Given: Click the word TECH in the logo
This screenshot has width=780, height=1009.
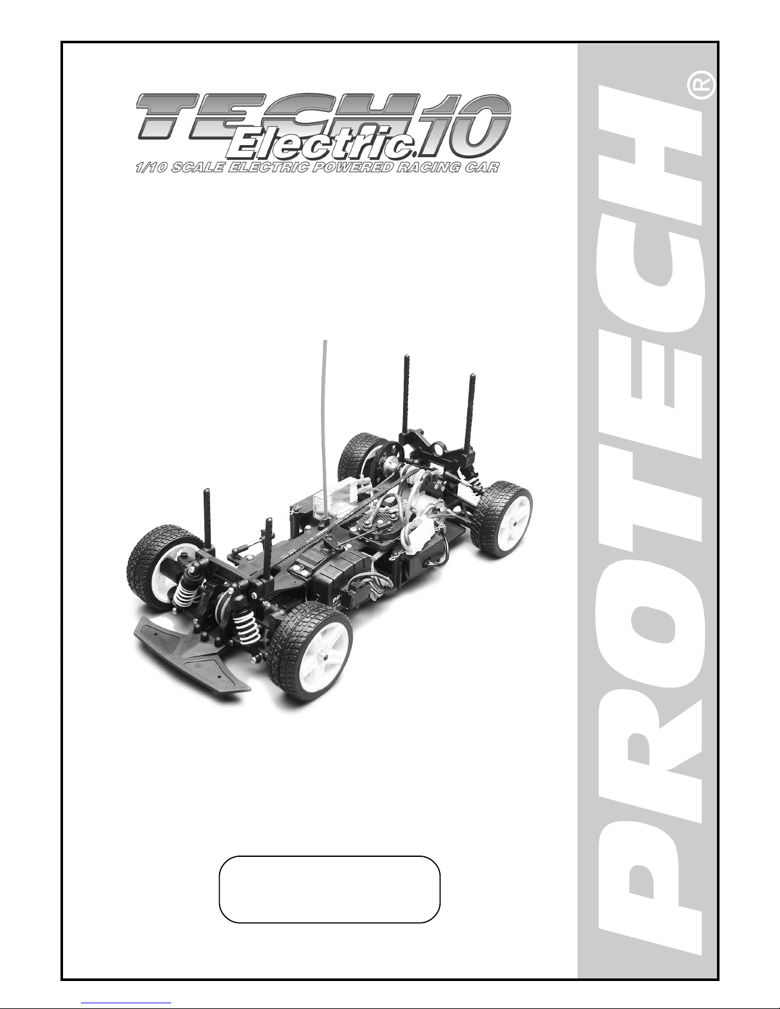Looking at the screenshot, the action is [x=279, y=116].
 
